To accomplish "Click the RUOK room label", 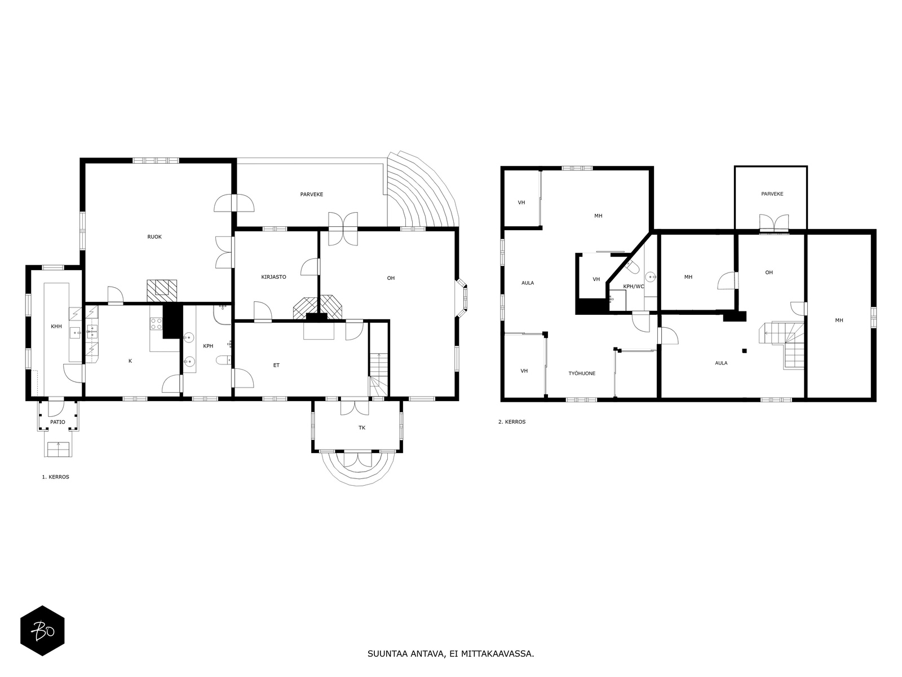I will pos(154,237).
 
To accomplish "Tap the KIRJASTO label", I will pos(274,277).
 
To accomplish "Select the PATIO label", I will pos(58,422).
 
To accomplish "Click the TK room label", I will pos(362,428).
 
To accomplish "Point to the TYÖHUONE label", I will pos(582,373).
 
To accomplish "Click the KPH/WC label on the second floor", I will pos(634,287).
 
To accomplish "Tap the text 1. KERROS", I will pos(56,477).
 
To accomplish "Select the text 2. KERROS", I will pos(512,421).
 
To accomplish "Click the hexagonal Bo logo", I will pos(42,631).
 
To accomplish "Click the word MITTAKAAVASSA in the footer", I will pos(497,654).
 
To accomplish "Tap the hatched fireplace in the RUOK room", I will pos(162,289).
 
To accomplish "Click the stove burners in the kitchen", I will pos(156,324).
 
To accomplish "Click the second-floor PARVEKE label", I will pos(772,194).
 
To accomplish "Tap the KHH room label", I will pos(56,327).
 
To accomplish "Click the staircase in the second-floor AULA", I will pos(784,344).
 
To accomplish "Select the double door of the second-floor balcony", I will pos(773,223).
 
